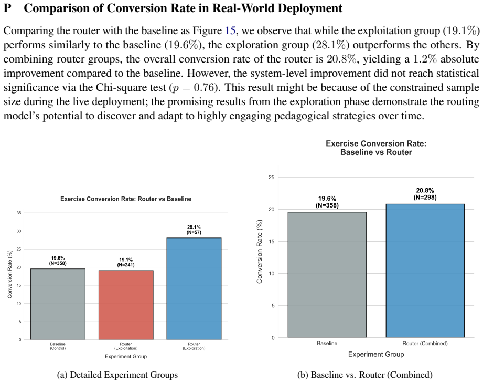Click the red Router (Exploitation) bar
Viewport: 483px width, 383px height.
(x=126, y=305)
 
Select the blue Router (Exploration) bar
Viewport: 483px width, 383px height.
(x=194, y=288)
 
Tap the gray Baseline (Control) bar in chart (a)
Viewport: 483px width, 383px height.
(x=58, y=304)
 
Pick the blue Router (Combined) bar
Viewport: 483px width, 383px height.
(x=425, y=271)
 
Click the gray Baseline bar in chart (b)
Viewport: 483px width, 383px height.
(x=327, y=275)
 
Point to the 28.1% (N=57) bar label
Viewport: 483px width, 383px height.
(x=194, y=230)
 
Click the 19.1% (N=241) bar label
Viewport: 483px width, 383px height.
(x=126, y=262)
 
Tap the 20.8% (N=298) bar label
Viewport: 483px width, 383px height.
(x=425, y=194)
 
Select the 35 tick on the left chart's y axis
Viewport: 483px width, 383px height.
(x=19, y=213)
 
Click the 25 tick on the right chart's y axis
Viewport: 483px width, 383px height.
(x=271, y=178)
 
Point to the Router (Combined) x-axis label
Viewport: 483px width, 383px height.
(x=425, y=344)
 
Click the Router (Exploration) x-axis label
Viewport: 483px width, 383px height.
(x=194, y=346)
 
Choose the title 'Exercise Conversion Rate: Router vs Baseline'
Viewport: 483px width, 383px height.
(x=126, y=199)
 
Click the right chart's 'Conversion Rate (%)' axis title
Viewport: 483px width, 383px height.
(x=260, y=252)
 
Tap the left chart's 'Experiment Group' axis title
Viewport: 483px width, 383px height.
(x=126, y=356)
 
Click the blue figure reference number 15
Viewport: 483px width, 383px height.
(x=230, y=30)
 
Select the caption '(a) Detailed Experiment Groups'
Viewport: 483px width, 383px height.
(x=117, y=375)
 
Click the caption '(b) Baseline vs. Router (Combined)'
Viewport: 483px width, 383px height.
(x=364, y=375)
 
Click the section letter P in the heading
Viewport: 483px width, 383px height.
(x=7, y=8)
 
